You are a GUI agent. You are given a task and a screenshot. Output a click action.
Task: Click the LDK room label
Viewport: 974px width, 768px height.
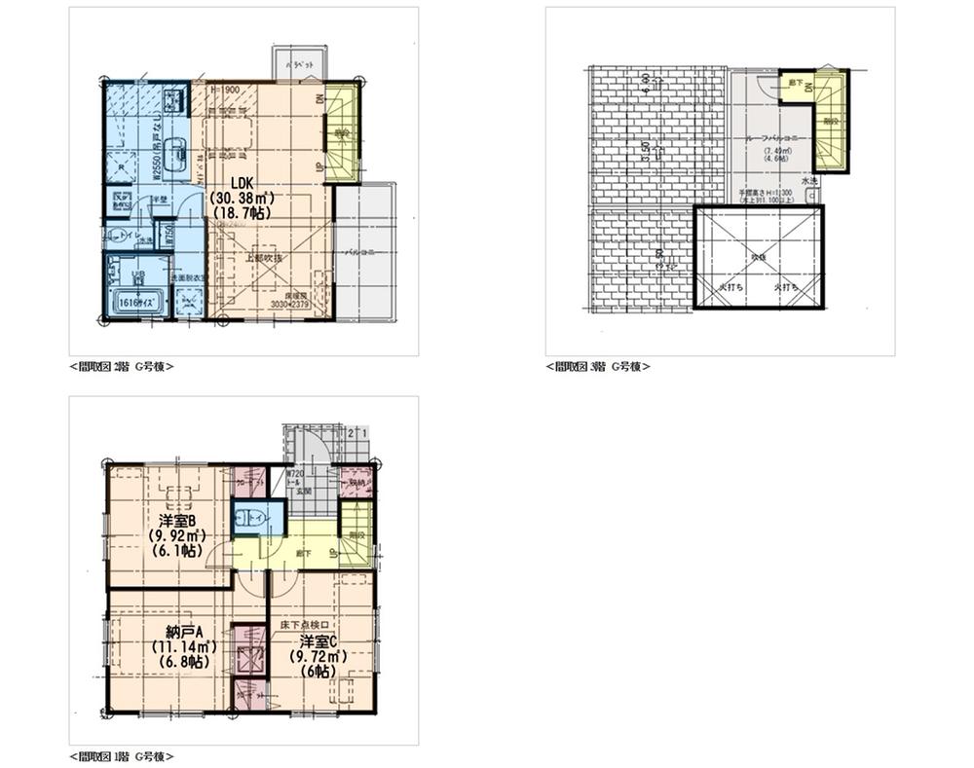pos(243,181)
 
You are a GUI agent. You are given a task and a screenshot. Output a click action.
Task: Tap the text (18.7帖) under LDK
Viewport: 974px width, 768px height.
pos(243,211)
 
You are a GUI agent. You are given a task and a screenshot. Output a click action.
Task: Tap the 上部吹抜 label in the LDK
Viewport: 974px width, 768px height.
pos(265,258)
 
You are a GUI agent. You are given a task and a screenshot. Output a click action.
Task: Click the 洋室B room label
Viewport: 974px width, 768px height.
pos(176,519)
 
